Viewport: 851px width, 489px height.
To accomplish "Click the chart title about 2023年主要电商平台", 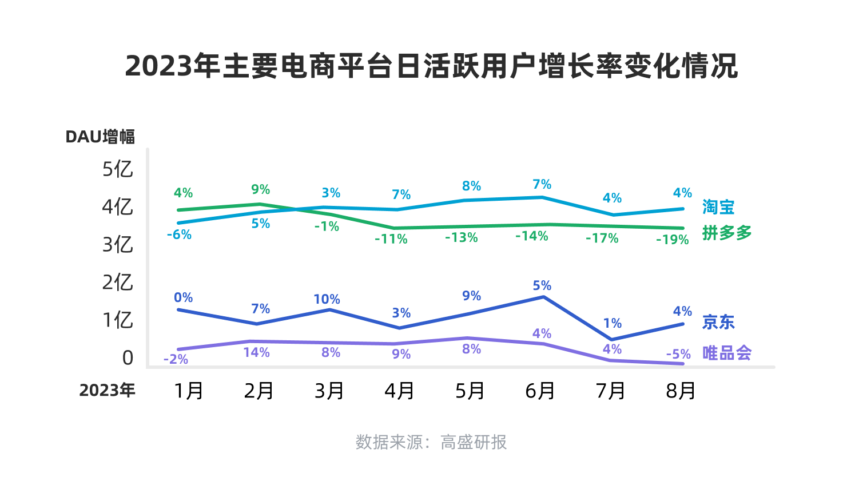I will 431,66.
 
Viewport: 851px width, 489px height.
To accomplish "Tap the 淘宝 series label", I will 718,207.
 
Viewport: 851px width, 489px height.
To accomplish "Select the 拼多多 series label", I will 726,233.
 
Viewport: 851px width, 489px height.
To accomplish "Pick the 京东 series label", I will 718,322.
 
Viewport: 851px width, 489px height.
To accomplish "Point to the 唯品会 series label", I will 726,353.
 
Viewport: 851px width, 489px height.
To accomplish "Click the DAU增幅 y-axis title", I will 100,137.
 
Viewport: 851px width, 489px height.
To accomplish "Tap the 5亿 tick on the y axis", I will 117,169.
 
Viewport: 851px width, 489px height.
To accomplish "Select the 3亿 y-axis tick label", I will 117,245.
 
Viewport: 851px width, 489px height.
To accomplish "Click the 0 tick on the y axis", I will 128,358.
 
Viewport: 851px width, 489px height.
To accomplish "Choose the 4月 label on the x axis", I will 399,391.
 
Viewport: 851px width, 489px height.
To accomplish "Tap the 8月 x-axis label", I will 681,391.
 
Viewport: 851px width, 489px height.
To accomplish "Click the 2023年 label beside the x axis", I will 107,391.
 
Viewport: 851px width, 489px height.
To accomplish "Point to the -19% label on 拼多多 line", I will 672,240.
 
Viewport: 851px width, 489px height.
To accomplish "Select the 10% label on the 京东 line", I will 327,299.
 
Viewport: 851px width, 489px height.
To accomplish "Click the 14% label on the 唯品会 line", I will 256,352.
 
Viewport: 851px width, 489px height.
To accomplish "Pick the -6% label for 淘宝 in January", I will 179,234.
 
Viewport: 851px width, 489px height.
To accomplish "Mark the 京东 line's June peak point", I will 543,297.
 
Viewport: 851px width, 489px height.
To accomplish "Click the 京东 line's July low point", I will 612,340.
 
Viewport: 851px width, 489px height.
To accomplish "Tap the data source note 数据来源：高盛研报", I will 431,442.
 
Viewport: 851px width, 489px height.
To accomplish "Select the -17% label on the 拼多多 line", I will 602,238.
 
